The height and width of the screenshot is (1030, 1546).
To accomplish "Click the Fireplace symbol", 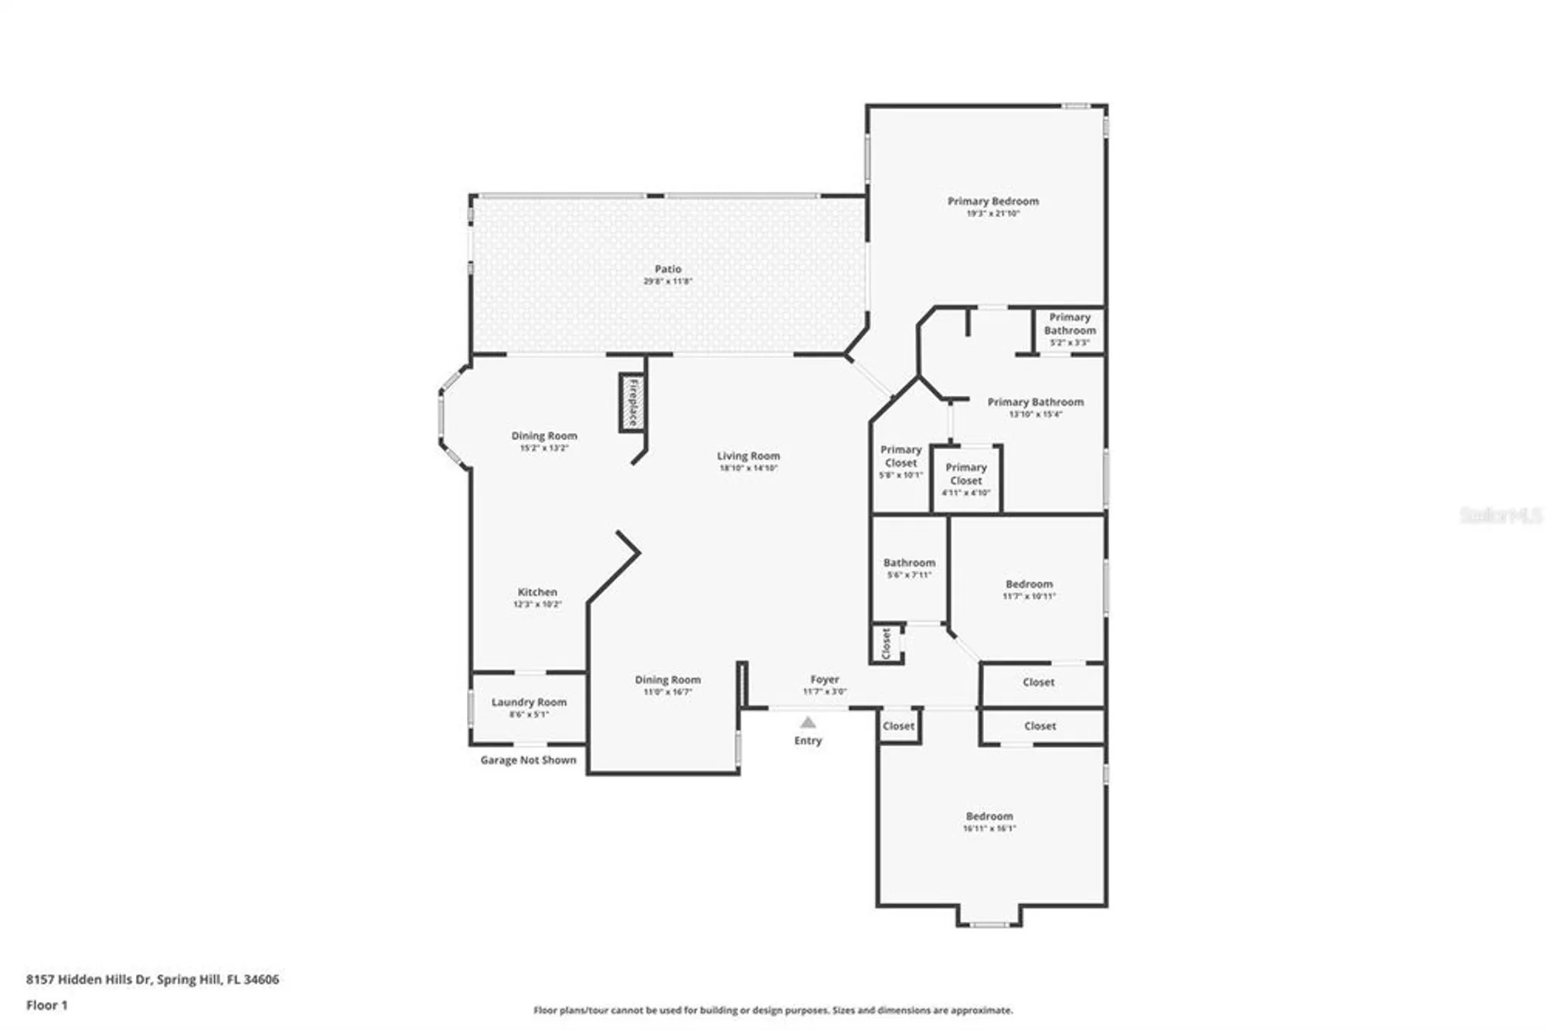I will point(632,402).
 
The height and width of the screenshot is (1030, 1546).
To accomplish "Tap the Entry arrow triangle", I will point(808,722).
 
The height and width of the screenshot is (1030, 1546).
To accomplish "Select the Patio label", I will point(668,270).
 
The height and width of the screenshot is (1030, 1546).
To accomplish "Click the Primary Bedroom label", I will point(993,202).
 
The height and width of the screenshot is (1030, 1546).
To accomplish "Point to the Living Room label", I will point(748,456).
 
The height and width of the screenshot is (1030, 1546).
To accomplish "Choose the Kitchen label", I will point(537,592).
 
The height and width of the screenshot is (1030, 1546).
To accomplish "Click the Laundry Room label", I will point(529,702).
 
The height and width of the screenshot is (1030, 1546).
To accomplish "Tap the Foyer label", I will point(825,680).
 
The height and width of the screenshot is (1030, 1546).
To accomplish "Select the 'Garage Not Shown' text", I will point(528,760).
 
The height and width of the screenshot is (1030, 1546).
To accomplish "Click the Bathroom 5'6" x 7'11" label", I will point(909,563).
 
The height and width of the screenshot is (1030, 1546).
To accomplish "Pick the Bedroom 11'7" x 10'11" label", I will point(1029,585).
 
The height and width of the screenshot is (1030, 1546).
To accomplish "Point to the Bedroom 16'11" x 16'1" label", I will point(989,817).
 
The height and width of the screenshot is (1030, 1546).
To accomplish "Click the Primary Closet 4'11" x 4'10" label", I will point(965,474).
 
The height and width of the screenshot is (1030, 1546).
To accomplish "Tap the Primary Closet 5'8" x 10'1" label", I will point(901,456).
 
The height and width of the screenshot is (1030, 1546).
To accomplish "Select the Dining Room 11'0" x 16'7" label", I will point(668,680).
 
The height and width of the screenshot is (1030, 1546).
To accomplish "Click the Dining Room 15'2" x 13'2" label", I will point(544,436).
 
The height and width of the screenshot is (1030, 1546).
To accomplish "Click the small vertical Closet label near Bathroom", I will point(887,643).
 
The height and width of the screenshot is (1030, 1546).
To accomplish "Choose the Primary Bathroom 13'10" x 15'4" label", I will point(1035,402).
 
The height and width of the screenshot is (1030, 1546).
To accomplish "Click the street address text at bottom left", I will point(152,979).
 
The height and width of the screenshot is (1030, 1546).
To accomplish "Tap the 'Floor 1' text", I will point(47,1005).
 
